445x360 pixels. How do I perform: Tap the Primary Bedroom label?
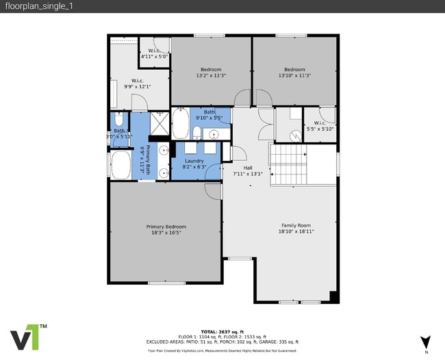point(166,227)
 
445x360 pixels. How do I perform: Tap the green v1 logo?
point(27,336)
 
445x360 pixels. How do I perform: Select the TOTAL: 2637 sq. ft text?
point(222,330)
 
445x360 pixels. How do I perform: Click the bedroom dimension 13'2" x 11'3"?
point(211,75)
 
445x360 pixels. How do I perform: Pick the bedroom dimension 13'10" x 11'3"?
point(294,75)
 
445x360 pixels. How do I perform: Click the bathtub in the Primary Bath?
point(122,165)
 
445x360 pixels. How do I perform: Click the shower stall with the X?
point(160,124)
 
